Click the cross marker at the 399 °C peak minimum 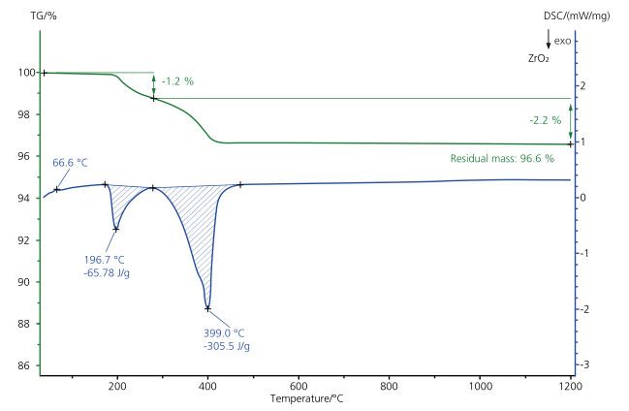207,308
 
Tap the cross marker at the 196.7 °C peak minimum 116,229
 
